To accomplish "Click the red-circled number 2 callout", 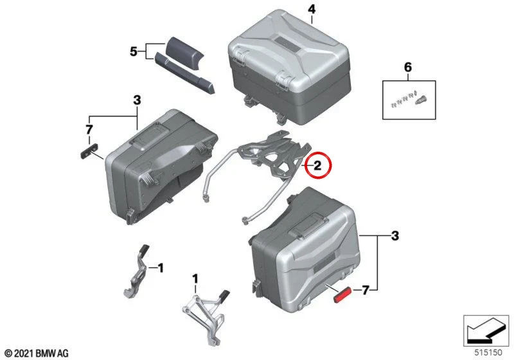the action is (318, 166).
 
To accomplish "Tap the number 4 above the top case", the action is (312, 9).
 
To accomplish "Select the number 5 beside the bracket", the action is (134, 51).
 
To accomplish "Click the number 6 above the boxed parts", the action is (408, 67).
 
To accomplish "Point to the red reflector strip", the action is (342, 294).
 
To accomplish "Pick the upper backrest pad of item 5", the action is (184, 53).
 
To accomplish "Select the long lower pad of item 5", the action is (184, 73).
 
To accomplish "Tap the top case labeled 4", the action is (289, 67).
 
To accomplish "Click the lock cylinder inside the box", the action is (421, 100).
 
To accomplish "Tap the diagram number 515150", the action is (488, 352).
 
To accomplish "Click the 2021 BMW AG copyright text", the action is (37, 353).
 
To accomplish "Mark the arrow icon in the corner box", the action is (486, 331).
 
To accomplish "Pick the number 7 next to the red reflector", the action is (365, 290).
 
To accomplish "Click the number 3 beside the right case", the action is (394, 236).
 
